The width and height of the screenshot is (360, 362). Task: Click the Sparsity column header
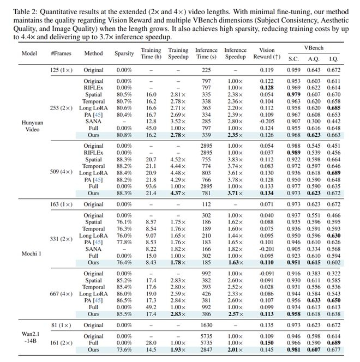click(124, 54)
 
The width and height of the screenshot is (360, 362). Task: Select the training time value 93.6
click(151, 186)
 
